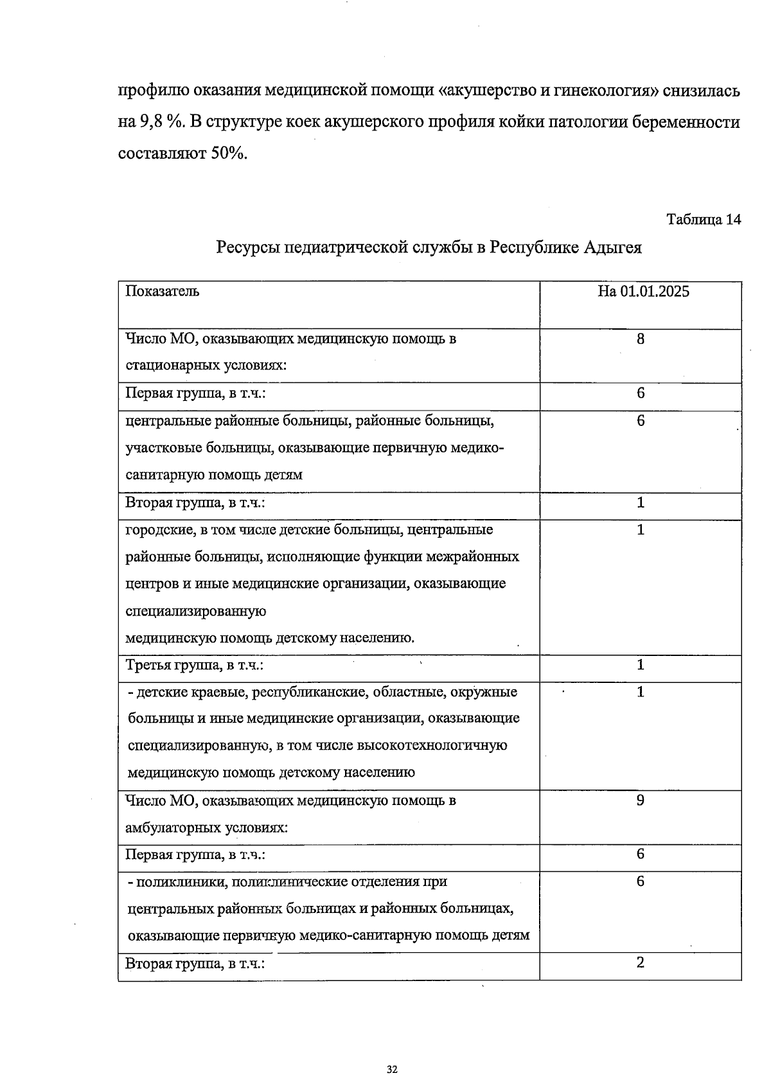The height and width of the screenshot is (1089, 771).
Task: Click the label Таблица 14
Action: coord(704,220)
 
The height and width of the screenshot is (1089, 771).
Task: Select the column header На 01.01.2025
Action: coord(643,292)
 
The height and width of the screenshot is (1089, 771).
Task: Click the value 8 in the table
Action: coord(641,339)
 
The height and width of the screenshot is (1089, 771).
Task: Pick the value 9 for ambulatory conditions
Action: coord(641,801)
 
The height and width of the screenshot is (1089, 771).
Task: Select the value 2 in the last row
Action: coord(641,962)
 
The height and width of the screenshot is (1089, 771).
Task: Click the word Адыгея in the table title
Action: coord(612,247)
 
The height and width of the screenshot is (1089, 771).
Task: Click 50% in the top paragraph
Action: coord(227,154)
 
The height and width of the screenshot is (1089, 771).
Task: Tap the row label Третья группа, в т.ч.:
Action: coord(195,665)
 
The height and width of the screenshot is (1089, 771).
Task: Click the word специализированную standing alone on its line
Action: coord(195,611)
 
